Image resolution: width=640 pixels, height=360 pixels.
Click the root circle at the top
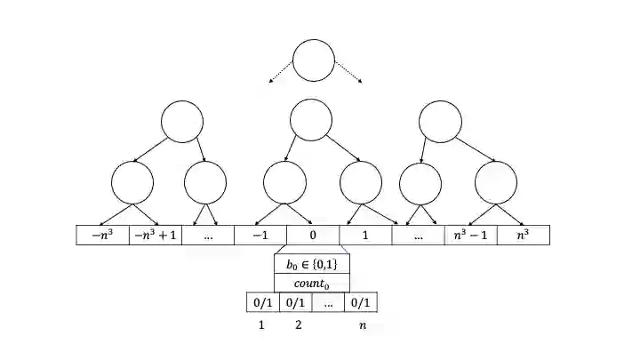click(x=313, y=60)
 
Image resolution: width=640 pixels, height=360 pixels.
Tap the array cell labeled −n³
click(x=103, y=236)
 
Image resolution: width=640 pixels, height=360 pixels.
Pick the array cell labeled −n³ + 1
click(x=156, y=236)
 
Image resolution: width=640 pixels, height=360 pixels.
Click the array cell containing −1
click(x=260, y=236)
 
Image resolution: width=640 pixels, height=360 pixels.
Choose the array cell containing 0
click(x=312, y=236)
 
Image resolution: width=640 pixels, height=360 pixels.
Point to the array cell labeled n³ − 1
click(x=470, y=236)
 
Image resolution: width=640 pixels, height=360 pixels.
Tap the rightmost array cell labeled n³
click(x=523, y=236)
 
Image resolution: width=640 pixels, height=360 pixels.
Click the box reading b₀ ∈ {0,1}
click(x=312, y=264)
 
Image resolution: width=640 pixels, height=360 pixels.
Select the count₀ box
click(x=312, y=282)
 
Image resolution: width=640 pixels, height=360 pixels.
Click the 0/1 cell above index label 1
click(x=262, y=303)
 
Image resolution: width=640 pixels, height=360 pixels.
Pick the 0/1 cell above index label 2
click(x=295, y=303)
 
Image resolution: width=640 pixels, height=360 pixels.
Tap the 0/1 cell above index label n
click(x=361, y=303)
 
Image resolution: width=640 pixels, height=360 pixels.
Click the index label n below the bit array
click(x=362, y=325)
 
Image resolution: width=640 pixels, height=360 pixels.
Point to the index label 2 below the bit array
click(x=297, y=325)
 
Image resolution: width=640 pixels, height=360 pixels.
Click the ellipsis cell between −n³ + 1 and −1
click(x=208, y=236)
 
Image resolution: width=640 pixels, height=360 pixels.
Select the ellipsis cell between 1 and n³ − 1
click(x=418, y=236)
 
